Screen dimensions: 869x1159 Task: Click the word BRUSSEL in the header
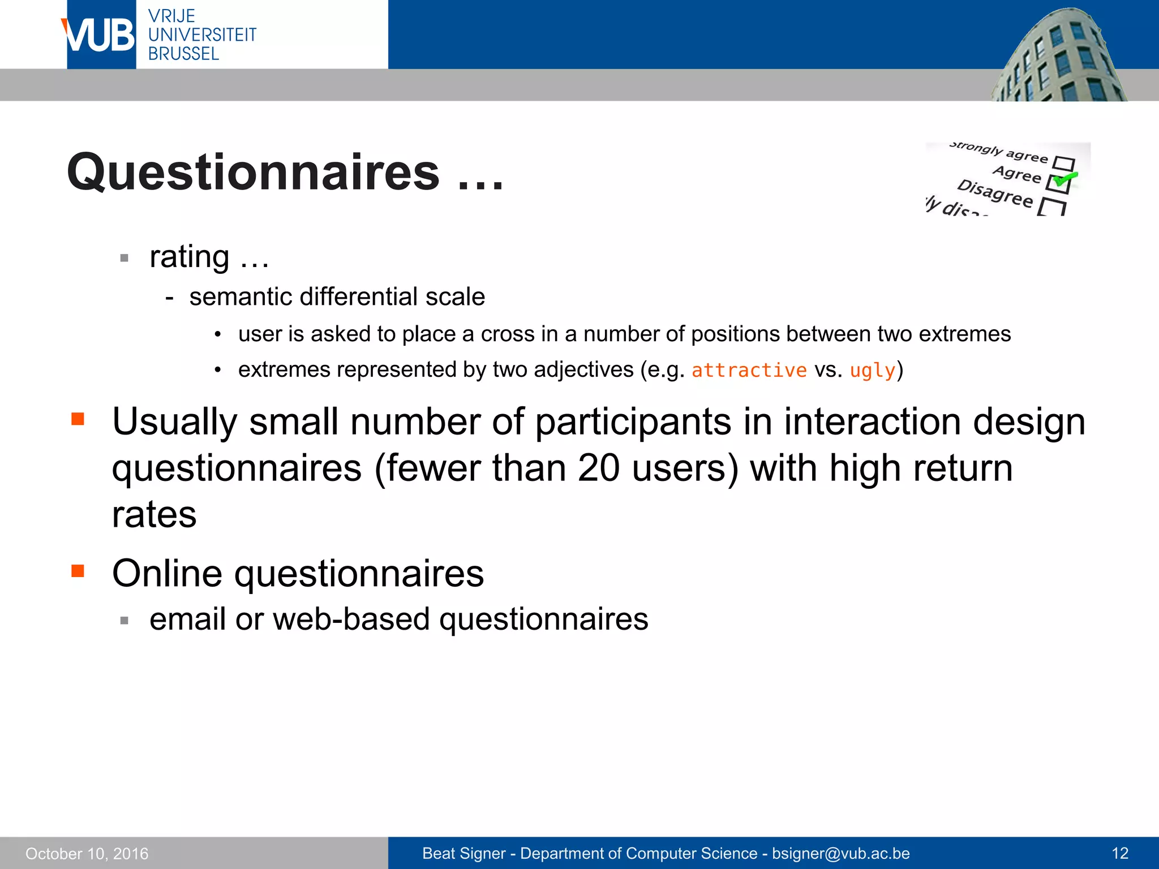(183, 54)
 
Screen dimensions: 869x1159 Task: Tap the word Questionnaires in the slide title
(253, 173)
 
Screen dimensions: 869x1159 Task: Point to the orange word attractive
(749, 370)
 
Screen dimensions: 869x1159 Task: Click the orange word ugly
(872, 370)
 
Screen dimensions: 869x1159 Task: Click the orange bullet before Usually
(78, 419)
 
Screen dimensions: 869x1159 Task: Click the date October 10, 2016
(87, 853)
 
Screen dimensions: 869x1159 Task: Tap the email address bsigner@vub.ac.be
(840, 853)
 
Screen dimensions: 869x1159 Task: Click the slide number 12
(1119, 853)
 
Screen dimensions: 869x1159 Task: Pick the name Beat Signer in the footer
(463, 853)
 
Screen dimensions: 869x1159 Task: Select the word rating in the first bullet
(189, 257)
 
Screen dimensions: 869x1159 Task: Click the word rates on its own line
(154, 515)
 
